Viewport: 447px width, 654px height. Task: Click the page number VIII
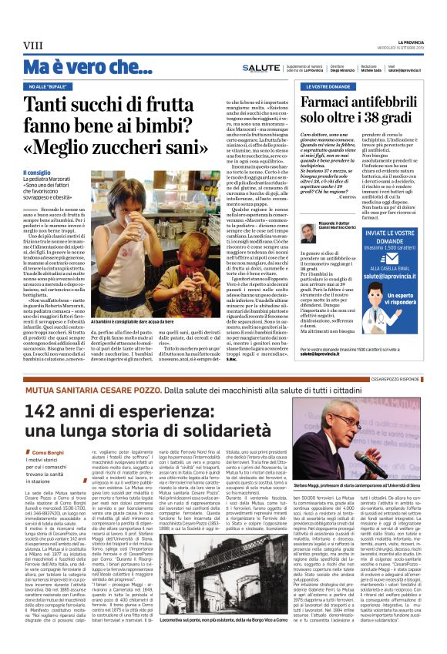(x=32, y=46)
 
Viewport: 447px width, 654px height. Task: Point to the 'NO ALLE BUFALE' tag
(x=49, y=87)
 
